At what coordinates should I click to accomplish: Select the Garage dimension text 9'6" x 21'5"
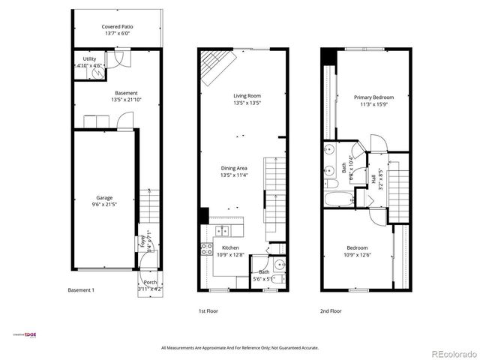click(x=104, y=203)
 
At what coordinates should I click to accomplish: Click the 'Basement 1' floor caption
click(x=81, y=289)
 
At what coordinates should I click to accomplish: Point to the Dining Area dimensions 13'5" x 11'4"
click(x=234, y=175)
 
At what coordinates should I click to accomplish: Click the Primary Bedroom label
click(x=373, y=97)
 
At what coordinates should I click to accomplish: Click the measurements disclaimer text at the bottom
click(x=239, y=347)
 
